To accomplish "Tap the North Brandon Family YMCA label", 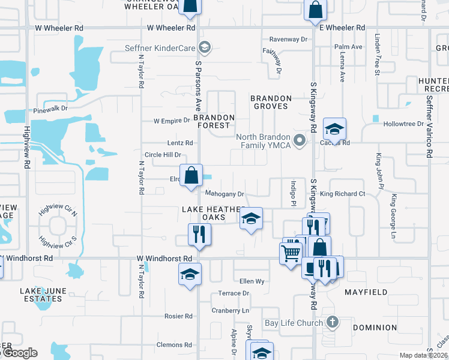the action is (x=266, y=141).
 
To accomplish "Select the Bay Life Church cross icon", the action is (x=331, y=322).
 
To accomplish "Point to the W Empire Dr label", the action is (x=172, y=121).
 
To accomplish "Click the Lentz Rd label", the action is (x=180, y=143).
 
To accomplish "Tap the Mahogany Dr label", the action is (x=224, y=194).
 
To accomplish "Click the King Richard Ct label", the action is (x=342, y=194).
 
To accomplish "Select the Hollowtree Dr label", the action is (x=403, y=124).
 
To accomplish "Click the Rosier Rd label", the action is (x=179, y=316).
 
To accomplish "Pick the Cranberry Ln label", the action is (x=230, y=311).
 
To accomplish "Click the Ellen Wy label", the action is (x=252, y=281).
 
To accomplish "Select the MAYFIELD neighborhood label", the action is (x=364, y=292).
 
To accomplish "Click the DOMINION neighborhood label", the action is (x=375, y=328).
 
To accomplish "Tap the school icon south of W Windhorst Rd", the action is (x=190, y=275).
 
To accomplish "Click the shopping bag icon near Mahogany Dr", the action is (x=191, y=176).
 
